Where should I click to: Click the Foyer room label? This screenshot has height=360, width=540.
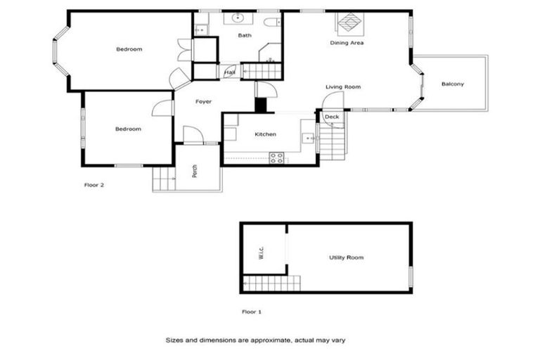(203, 102)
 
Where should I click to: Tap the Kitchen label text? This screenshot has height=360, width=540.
(265, 134)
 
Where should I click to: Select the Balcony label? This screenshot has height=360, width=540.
(452, 84)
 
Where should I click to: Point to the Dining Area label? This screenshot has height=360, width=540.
(347, 43)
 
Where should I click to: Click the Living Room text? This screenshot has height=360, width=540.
(342, 87)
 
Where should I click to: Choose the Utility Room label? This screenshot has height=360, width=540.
(346, 258)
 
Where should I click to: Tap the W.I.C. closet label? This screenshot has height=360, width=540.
(261, 253)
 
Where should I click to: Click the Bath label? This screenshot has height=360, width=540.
(244, 35)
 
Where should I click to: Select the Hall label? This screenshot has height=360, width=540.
(229, 72)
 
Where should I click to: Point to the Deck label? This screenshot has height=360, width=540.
(332, 117)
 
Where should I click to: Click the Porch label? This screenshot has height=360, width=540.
(194, 171)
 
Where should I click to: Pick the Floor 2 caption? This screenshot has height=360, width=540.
(94, 186)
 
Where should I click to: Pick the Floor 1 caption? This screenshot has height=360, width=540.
(251, 311)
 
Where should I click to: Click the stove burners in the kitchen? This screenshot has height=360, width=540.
(277, 157)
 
